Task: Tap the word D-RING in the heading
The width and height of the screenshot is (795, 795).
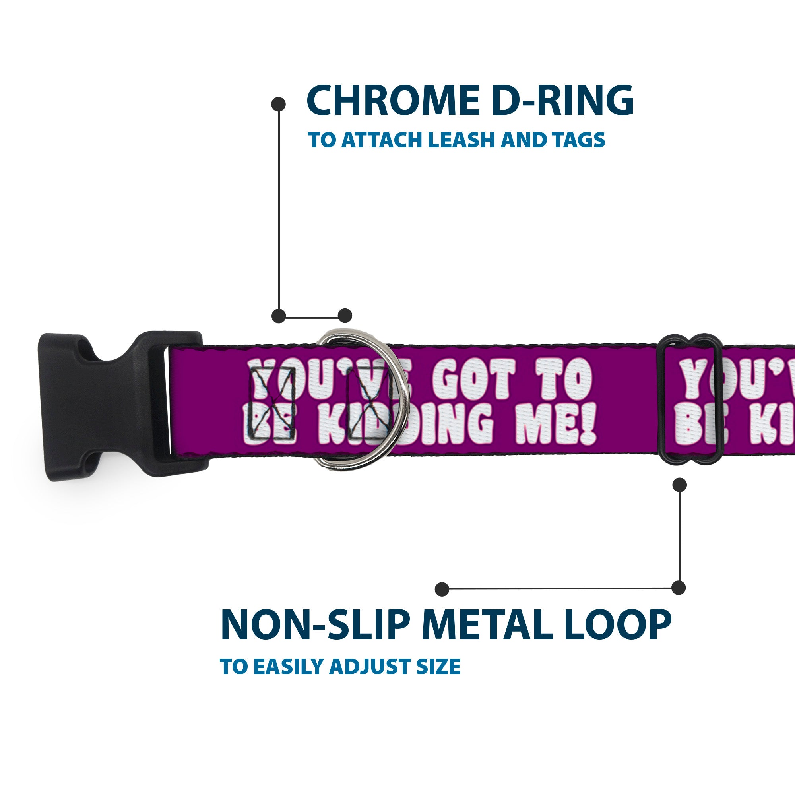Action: pyautogui.click(x=562, y=101)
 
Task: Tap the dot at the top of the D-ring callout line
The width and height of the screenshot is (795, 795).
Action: pyautogui.click(x=279, y=104)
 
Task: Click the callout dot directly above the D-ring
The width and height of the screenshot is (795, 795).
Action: pyautogui.click(x=345, y=316)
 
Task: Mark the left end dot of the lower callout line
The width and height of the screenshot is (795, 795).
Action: pyautogui.click(x=442, y=589)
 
